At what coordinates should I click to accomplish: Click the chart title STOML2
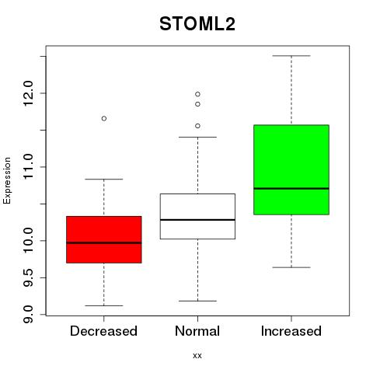(x=197, y=24)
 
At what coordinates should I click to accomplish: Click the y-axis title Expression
(x=7, y=180)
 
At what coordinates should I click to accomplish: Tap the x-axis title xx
(x=197, y=355)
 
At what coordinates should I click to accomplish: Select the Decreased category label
(x=103, y=331)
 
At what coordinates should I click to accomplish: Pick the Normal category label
(x=197, y=331)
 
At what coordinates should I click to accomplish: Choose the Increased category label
(x=291, y=331)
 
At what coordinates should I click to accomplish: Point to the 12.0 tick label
(x=28, y=93)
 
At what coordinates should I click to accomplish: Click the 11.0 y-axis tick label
(x=28, y=167)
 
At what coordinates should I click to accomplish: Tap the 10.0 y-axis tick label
(x=28, y=240)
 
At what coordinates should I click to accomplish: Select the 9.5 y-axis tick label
(x=28, y=277)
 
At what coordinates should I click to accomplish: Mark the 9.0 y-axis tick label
(x=28, y=314)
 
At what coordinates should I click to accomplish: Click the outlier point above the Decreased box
(x=104, y=118)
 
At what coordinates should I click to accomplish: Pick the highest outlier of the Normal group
(x=197, y=94)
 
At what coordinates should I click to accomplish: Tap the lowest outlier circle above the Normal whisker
(x=197, y=126)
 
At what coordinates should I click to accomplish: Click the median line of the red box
(x=104, y=242)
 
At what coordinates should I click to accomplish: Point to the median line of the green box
(x=291, y=188)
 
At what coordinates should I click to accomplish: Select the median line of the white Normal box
(x=197, y=220)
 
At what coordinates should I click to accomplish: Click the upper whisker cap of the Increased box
(x=291, y=56)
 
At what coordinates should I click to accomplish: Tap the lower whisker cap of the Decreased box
(x=104, y=305)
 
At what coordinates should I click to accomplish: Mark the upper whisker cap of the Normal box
(x=197, y=137)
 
